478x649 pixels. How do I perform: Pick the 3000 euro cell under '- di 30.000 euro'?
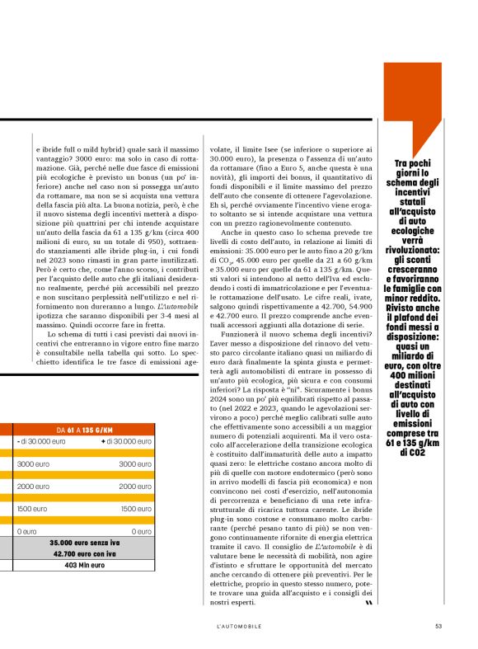click(x=33, y=464)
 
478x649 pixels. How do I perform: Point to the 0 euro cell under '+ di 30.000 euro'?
click(x=143, y=532)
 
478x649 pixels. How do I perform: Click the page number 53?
click(x=438, y=624)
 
